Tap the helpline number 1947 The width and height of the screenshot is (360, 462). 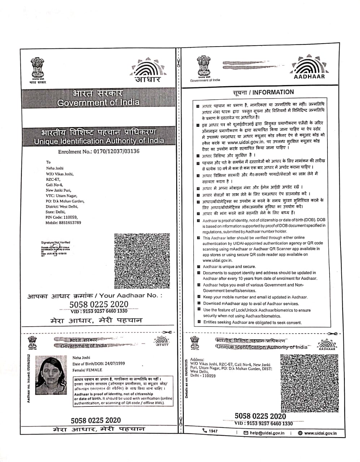[x=213, y=431]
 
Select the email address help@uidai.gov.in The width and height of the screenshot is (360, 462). [x=267, y=433]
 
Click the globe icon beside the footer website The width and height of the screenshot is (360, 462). [x=300, y=433]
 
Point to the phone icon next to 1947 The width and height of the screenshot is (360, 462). [x=205, y=431]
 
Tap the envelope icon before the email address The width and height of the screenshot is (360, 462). [x=246, y=433]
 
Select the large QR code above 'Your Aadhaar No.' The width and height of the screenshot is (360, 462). [x=142, y=261]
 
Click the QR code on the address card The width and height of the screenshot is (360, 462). [x=309, y=383]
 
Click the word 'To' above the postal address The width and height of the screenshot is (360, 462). [x=48, y=162]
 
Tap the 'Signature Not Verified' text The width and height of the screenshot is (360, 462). [x=56, y=243]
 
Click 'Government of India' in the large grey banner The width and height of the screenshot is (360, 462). [x=98, y=103]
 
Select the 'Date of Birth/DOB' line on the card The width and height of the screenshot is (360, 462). [x=99, y=363]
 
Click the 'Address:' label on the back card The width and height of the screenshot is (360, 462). [x=197, y=359]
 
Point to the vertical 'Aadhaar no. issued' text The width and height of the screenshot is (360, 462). [x=29, y=379]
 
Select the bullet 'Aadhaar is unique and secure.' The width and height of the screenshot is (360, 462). [x=229, y=267]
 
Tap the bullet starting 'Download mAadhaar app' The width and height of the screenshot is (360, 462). [x=251, y=304]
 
